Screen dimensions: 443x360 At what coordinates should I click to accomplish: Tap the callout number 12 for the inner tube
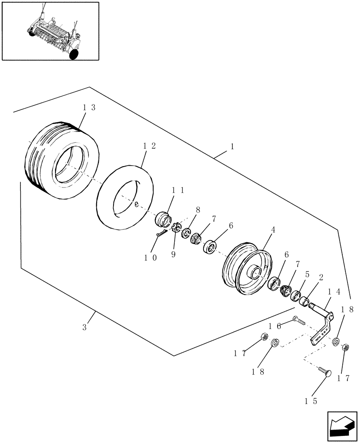pyautogui.click(x=149, y=146)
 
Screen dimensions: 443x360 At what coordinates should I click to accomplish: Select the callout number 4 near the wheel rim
pyautogui.click(x=273, y=230)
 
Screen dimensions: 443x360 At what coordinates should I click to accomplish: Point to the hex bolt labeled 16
pyautogui.click(x=298, y=320)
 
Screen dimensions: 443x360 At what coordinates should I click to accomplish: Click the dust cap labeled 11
pyautogui.click(x=164, y=219)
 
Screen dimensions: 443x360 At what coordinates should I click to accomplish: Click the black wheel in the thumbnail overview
pyautogui.click(x=74, y=54)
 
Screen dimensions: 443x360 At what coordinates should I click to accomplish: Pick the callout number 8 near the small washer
pyautogui.click(x=198, y=210)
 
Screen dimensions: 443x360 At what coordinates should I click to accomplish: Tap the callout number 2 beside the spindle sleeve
pyautogui.click(x=321, y=278)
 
